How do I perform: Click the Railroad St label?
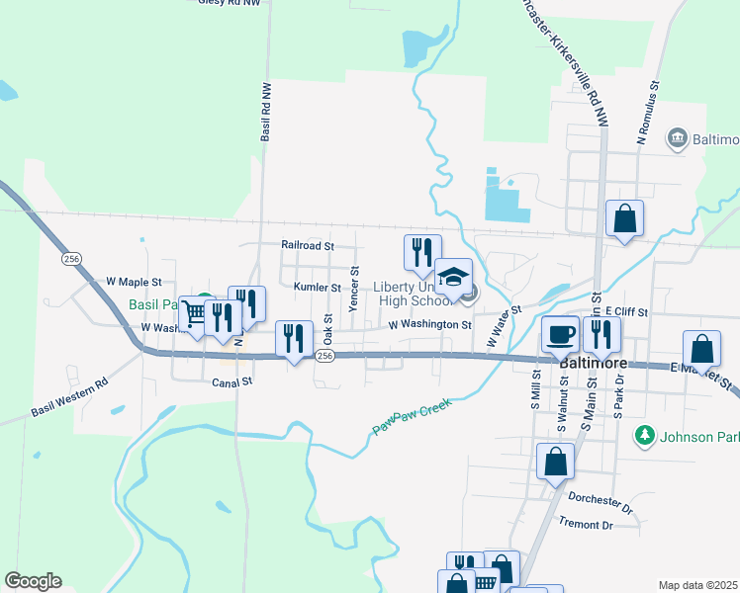(x=308, y=244)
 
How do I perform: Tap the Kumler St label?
(x=317, y=288)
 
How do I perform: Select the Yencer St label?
(x=354, y=286)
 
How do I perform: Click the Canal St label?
(x=232, y=380)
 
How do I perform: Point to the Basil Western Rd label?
(x=68, y=396)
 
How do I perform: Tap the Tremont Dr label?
(x=587, y=524)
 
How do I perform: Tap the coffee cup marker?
(x=561, y=334)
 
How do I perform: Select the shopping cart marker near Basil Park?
(x=195, y=313)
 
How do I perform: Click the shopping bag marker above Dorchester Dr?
(x=555, y=461)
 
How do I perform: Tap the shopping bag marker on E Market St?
(x=701, y=348)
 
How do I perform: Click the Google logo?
(x=33, y=580)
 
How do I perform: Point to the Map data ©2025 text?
(x=698, y=585)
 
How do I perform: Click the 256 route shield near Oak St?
(x=324, y=356)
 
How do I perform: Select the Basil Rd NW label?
(x=265, y=112)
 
